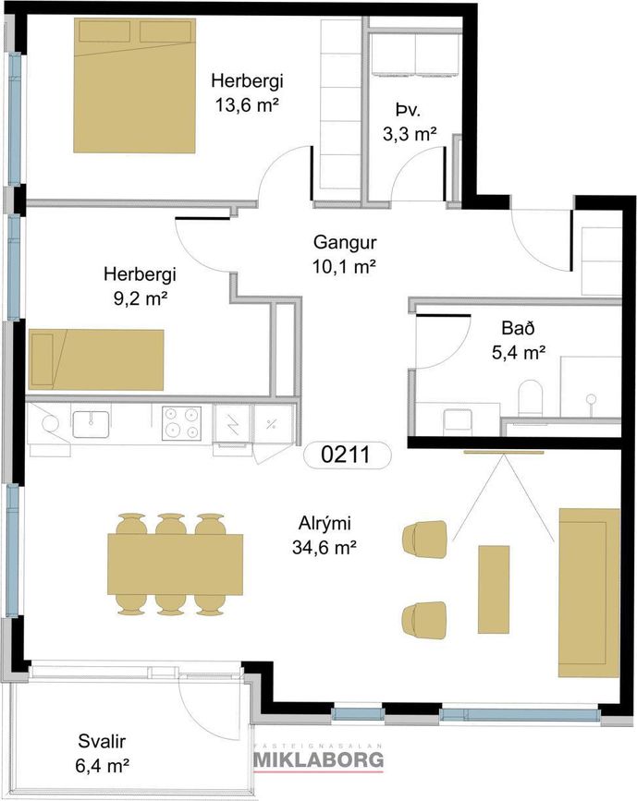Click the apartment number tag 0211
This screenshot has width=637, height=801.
tap(348, 455)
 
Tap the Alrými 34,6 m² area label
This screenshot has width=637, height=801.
tap(325, 536)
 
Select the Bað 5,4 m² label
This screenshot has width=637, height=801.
tap(519, 340)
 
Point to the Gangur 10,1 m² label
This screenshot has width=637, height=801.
tap(345, 254)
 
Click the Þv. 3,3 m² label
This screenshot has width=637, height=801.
tap(410, 122)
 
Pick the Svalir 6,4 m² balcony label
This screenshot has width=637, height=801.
tap(102, 754)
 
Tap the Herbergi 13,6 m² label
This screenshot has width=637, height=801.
tap(248, 93)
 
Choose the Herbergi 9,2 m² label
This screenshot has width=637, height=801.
tap(140, 286)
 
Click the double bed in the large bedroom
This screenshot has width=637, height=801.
tap(135, 86)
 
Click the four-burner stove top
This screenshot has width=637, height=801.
tap(181, 423)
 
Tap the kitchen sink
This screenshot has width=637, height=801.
tap(91, 425)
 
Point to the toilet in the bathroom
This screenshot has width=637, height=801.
tap(530, 397)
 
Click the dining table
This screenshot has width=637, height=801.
tap(176, 564)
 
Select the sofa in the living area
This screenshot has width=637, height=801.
tap(589, 592)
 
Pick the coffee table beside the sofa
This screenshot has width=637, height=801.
tap(494, 589)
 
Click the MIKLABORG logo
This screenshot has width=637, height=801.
tap(319, 759)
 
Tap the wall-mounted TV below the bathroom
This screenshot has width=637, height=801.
tap(504, 452)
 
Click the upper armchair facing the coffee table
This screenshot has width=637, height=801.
tap(425, 539)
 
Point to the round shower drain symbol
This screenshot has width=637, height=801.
tap(592, 398)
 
